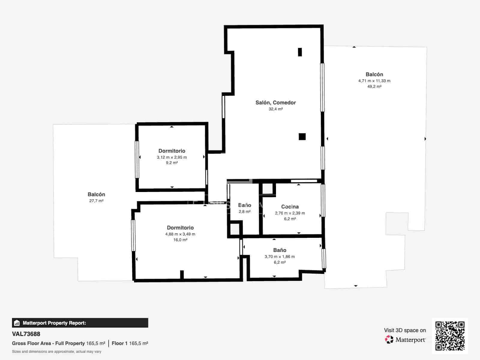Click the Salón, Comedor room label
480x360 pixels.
point(275,103)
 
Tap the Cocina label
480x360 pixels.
point(290,207)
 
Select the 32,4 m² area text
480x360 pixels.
point(275,109)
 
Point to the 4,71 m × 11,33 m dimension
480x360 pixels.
point(374,81)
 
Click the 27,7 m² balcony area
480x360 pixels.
point(96,201)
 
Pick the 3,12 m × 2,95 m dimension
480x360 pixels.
point(172,157)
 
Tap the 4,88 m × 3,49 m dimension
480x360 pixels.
point(180,234)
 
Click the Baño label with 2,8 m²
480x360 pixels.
point(244,205)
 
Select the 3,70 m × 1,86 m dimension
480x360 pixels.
point(280,256)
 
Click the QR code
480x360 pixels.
point(450,336)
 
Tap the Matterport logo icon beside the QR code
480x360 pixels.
point(389,340)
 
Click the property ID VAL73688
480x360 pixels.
point(26,334)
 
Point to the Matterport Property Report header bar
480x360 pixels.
point(80,323)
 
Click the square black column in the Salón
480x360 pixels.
point(302,136)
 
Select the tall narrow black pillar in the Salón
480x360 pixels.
point(300,52)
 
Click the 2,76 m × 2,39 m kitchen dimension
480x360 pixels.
point(290,213)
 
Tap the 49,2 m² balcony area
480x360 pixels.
point(374,87)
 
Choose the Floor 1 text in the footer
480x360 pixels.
point(119,343)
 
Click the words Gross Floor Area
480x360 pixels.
point(31,343)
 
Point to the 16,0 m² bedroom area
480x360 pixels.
point(180,240)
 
